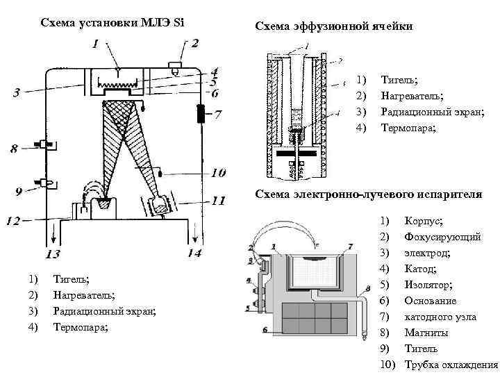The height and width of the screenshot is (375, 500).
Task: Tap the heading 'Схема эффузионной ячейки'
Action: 334,26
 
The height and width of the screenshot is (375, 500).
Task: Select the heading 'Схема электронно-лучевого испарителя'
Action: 368,194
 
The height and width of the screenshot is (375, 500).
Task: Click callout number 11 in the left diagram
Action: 219,201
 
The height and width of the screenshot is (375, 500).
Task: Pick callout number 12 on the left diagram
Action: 13,222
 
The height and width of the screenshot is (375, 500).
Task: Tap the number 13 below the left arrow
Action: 53,253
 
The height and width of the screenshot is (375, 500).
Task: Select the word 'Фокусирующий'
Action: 442,237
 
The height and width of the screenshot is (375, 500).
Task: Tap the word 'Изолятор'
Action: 428,285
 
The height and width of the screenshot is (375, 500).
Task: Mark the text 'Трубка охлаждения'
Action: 451,365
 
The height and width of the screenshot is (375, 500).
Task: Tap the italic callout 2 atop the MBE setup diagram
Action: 195,44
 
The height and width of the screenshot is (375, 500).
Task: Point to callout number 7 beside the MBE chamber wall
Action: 217,113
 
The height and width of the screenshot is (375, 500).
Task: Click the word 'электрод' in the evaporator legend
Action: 427,253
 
